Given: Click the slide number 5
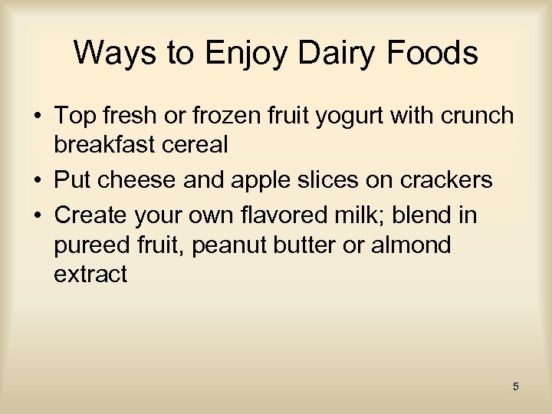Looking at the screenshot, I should pos(516,386).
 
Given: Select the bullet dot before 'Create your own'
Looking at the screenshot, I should pos(37,216).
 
